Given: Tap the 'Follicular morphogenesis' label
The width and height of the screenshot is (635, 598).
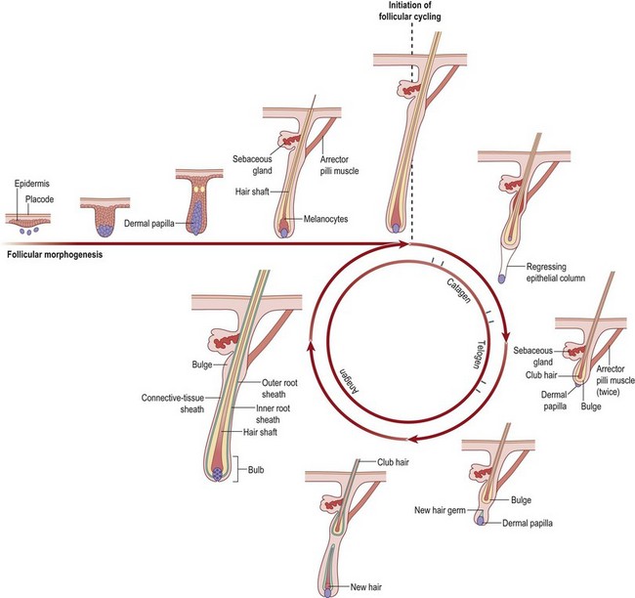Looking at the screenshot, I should click(x=58, y=257).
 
